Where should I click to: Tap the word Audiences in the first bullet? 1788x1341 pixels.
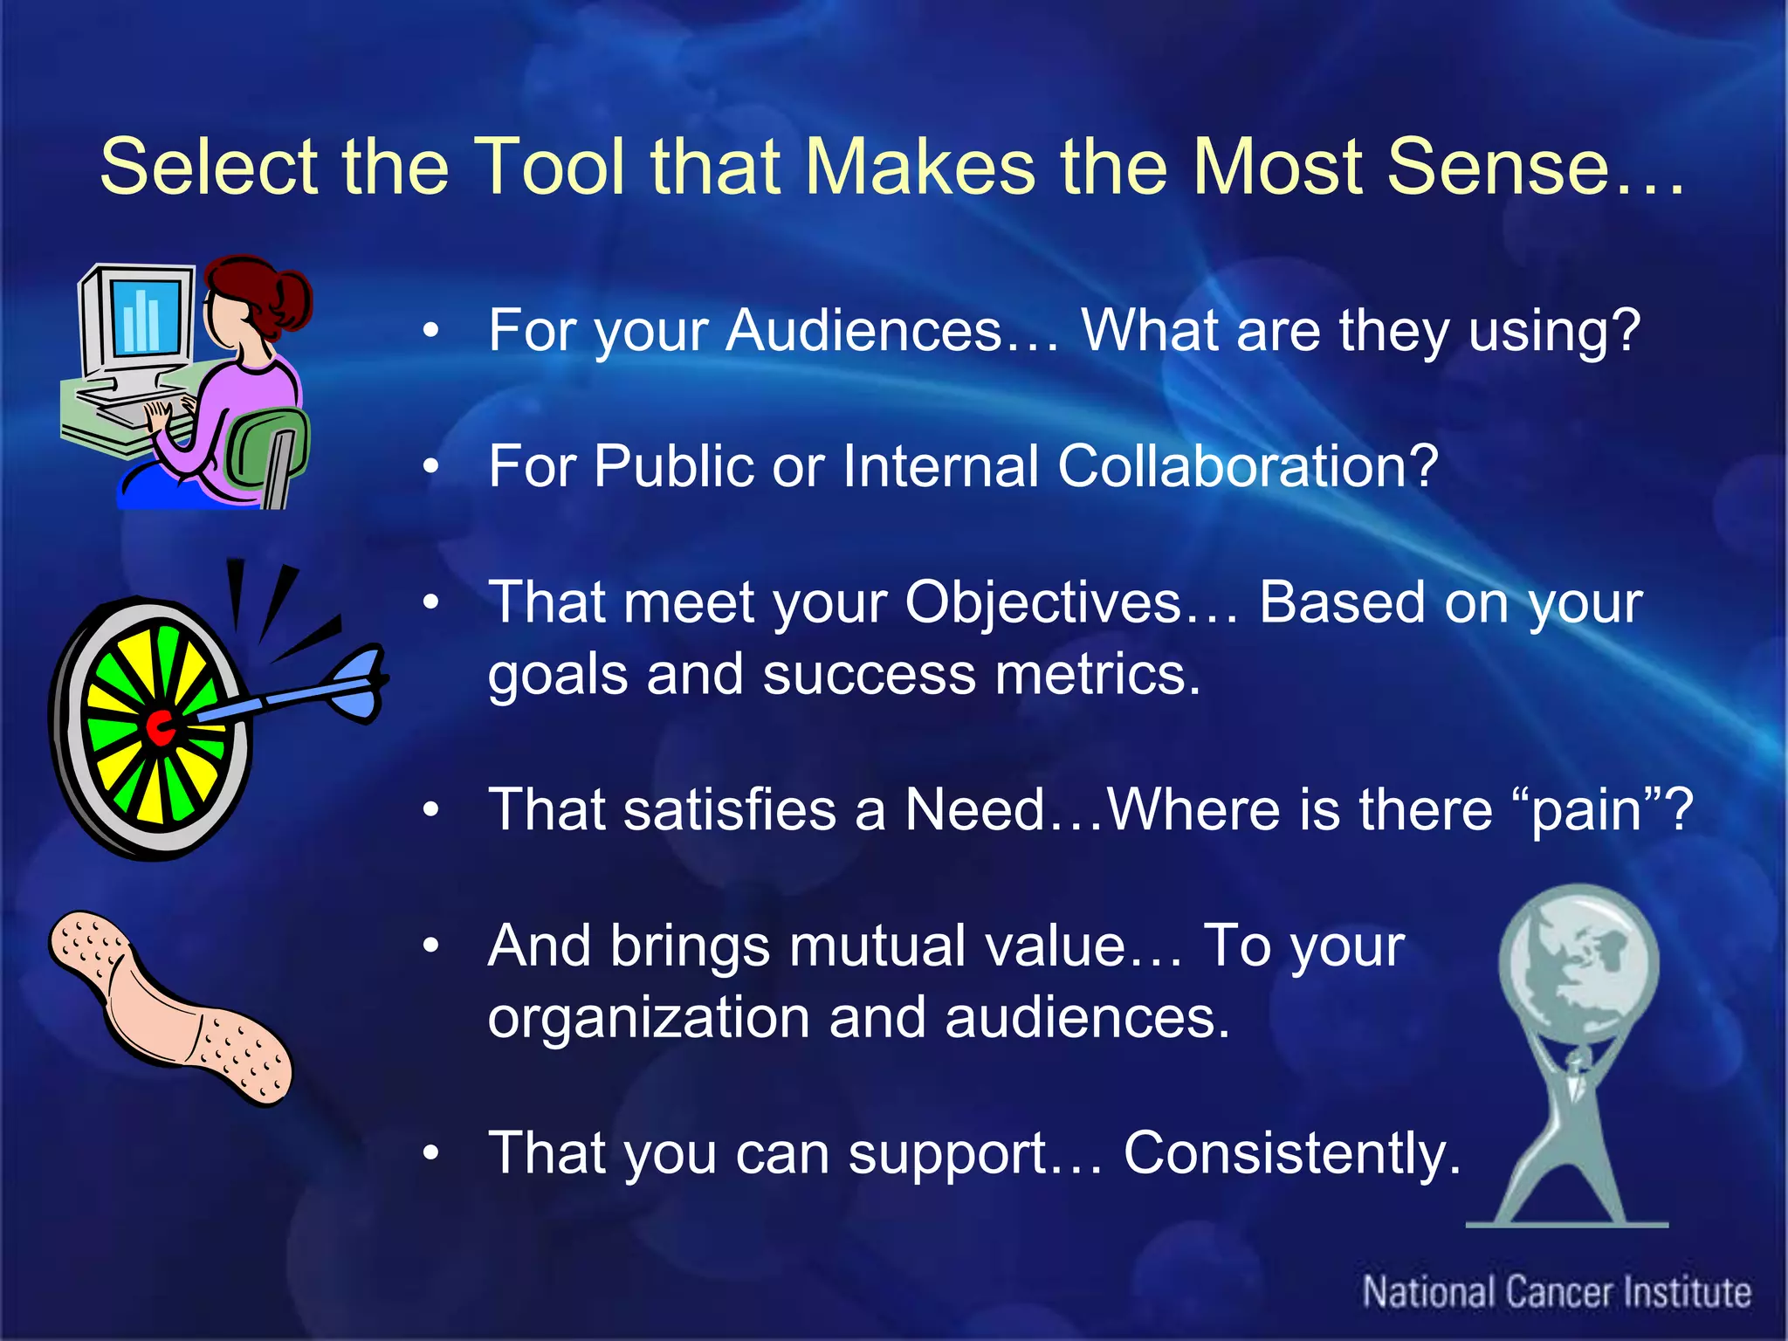coord(863,331)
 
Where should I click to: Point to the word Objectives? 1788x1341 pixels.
coord(1042,604)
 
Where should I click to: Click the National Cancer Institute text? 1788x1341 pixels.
coord(1557,1292)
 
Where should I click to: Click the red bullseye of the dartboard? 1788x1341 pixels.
coord(160,727)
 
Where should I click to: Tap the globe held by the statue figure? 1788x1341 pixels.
coord(1578,961)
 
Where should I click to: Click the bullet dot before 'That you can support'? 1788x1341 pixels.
coord(430,1153)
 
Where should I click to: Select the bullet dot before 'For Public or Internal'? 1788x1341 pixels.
coord(430,467)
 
